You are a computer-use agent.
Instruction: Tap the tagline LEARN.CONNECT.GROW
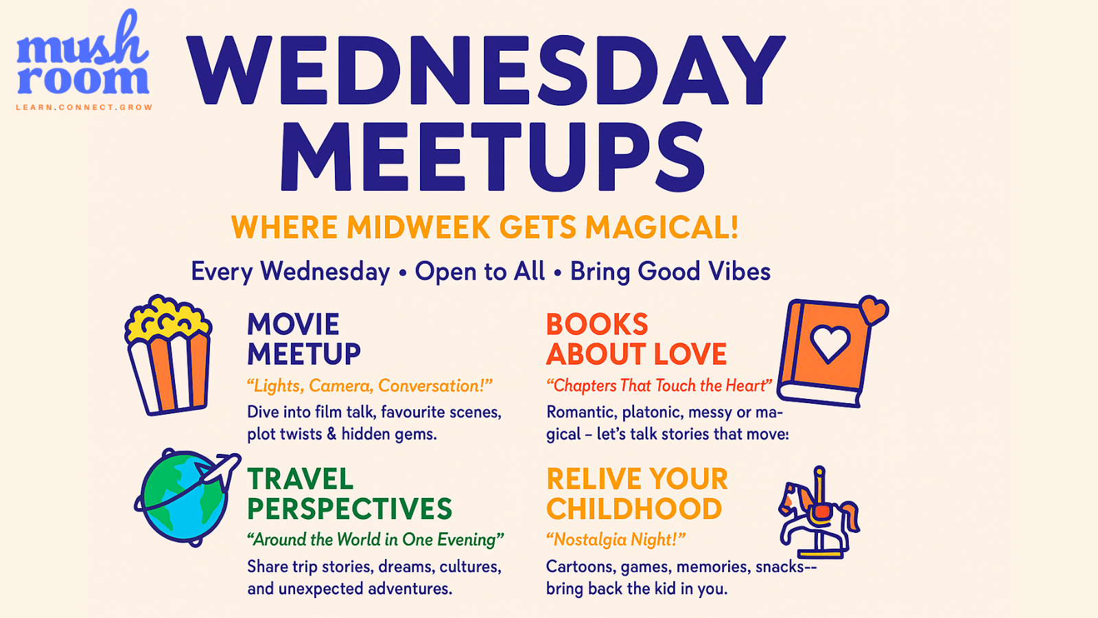84,107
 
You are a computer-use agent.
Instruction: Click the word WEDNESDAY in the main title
486,69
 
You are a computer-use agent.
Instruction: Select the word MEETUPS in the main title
492,157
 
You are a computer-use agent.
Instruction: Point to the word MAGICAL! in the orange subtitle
662,227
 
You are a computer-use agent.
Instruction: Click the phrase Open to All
480,271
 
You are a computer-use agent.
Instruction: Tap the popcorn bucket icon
169,354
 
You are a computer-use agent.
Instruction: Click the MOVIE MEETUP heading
304,339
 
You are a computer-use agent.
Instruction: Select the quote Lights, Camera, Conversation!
370,385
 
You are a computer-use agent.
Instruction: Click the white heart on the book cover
830,343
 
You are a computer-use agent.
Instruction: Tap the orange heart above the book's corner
874,310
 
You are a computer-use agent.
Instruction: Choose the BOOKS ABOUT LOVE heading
636,339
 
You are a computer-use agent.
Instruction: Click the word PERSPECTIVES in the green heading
349,509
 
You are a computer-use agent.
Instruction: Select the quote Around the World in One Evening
375,540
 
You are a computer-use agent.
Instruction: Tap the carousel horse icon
819,512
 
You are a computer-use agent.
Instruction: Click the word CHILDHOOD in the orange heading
634,509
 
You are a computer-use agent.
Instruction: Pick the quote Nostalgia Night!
616,540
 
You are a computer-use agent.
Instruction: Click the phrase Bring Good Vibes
670,271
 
